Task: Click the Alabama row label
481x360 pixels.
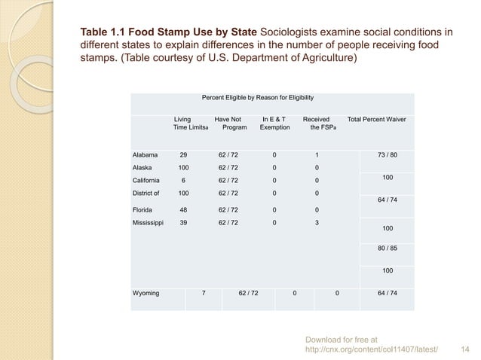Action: pos(146,154)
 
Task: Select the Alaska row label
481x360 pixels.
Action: pos(142,167)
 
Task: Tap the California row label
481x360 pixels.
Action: pos(147,180)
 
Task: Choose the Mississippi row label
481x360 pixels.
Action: pos(149,223)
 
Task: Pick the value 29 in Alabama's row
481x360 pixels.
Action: pos(182,154)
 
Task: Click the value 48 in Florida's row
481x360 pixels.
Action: pos(182,209)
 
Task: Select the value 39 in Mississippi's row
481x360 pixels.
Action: pos(182,223)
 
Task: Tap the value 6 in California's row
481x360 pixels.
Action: pos(183,180)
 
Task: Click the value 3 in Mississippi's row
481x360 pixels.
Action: pos(317,223)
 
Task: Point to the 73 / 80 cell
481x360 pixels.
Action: pos(388,154)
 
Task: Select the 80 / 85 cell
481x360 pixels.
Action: pos(388,249)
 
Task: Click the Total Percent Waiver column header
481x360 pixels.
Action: pos(376,119)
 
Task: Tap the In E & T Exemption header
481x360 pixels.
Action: pos(274,124)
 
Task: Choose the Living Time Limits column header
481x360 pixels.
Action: pos(184,124)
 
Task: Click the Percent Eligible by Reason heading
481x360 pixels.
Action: pos(258,98)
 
